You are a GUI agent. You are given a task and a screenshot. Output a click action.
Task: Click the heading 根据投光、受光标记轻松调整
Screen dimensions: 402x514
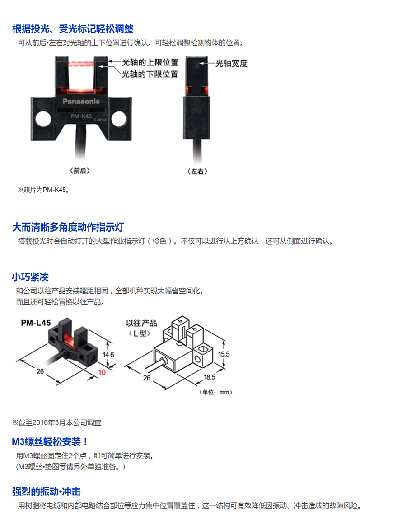click(x=73, y=29)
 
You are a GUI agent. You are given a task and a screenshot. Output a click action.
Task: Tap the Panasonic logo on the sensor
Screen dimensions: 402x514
click(x=81, y=101)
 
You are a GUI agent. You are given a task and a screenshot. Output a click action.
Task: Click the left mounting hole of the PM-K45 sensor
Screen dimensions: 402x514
click(x=43, y=118)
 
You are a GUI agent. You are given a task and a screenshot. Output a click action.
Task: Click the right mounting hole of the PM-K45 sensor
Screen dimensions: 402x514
click(x=118, y=118)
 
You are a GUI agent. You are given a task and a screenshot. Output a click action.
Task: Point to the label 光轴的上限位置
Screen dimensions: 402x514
click(x=150, y=62)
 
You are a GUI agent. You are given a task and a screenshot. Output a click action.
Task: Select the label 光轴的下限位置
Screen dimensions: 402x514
click(x=150, y=74)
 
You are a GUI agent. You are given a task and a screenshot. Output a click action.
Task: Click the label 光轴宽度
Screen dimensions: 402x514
click(x=231, y=63)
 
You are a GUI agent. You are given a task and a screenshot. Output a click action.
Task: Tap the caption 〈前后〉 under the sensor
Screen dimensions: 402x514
click(x=80, y=171)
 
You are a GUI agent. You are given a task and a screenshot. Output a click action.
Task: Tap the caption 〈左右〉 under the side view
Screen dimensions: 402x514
click(x=197, y=171)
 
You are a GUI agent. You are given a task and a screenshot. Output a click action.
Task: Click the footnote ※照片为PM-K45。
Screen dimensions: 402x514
click(x=43, y=190)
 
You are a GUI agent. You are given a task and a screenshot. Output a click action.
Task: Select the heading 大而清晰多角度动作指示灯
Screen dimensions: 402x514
click(x=68, y=227)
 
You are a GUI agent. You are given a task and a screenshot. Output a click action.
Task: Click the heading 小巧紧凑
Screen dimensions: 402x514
click(x=31, y=277)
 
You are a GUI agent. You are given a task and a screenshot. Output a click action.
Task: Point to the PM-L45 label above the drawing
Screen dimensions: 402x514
click(x=36, y=323)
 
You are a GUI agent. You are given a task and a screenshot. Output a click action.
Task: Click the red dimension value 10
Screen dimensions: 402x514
click(x=102, y=372)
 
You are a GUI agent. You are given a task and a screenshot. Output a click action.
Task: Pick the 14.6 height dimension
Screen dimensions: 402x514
click(x=108, y=355)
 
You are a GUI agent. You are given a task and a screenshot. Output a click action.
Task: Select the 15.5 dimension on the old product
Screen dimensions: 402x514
click(x=224, y=354)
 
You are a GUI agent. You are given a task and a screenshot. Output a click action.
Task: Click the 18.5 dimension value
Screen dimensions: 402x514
click(x=210, y=377)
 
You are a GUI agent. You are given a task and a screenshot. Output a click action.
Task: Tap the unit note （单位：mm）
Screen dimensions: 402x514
click(x=216, y=392)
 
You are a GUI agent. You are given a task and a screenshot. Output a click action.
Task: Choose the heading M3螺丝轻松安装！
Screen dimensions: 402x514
click(x=50, y=441)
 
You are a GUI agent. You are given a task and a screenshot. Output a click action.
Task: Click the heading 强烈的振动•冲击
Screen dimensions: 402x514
click(x=46, y=491)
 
